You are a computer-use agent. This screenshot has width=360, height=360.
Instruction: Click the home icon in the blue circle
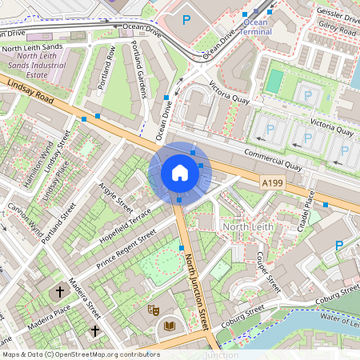(x=179, y=173)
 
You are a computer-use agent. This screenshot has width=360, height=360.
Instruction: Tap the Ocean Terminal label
(x=256, y=26)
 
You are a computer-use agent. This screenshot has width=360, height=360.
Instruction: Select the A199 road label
(x=273, y=183)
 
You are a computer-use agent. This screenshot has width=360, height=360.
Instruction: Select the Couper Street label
(x=266, y=271)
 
